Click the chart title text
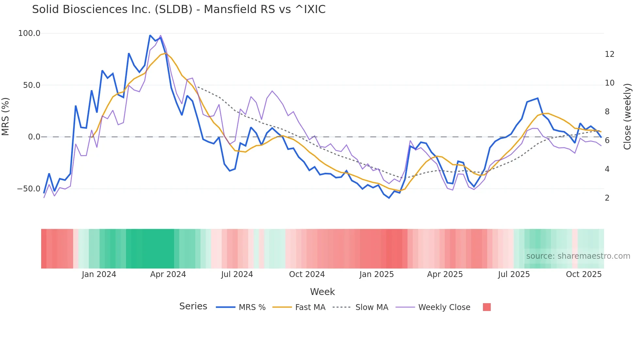point(179,9)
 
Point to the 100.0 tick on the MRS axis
point(29,33)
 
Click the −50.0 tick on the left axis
point(29,189)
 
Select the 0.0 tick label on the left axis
point(34,137)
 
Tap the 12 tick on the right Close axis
point(609,54)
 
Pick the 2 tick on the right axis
point(607,198)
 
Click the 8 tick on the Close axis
point(607,112)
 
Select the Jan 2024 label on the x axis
point(99,274)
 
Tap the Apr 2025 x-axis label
point(445,274)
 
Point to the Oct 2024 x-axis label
point(307,274)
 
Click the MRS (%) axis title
point(6,117)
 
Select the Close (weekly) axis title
point(627,117)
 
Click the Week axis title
point(322,292)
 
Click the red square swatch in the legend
point(487,307)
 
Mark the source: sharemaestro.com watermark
point(578,256)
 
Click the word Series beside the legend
point(193,306)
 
